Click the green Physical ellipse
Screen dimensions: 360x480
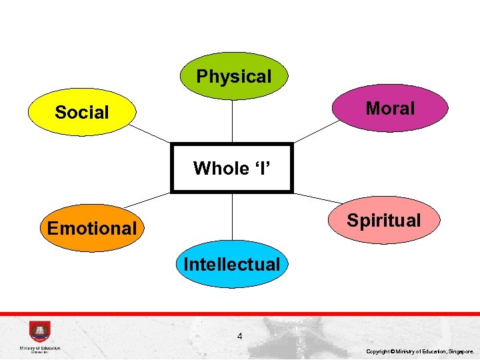[x=234, y=77]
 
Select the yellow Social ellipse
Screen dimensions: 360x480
[x=82, y=112]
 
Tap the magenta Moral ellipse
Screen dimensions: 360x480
[x=390, y=108]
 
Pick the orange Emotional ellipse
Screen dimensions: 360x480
[x=92, y=228]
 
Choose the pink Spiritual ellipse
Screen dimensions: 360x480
[x=384, y=220]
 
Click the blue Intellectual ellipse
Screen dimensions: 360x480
[x=232, y=264]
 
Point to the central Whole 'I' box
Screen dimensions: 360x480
[x=231, y=168]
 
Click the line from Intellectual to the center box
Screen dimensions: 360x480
[x=232, y=217]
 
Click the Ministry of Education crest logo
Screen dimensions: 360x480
[x=39, y=332]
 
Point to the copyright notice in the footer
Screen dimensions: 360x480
[x=420, y=351]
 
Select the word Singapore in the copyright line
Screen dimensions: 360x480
[x=461, y=351]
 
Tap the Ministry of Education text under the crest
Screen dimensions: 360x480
[x=40, y=348]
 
